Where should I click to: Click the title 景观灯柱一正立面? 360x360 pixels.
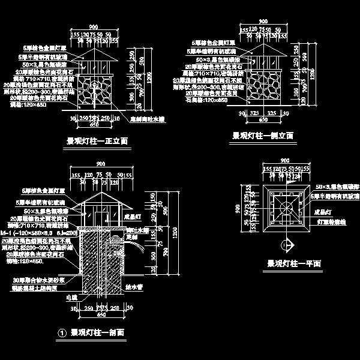(100, 142)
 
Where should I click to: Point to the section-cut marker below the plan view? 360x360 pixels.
(286, 244)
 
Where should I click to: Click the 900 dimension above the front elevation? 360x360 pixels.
(93, 27)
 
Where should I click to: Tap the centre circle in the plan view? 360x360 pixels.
(286, 208)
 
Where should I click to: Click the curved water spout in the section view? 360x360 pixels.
(139, 247)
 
